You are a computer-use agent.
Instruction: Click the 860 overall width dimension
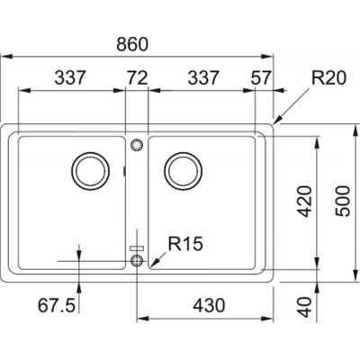click(132, 44)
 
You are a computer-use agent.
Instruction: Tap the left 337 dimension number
click(70, 77)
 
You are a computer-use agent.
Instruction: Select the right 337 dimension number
click(203, 77)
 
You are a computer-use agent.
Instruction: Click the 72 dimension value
click(138, 77)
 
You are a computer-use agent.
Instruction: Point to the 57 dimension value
click(261, 77)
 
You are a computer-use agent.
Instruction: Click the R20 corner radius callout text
click(328, 77)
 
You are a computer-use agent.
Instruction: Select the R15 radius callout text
click(185, 244)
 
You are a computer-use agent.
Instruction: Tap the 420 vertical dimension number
click(305, 202)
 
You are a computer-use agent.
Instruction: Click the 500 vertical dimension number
click(343, 202)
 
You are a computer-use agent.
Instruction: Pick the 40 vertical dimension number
click(305, 307)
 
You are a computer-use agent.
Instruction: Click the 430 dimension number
click(209, 306)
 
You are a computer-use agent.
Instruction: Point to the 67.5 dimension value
click(57, 306)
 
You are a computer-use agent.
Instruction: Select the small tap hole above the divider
click(137, 145)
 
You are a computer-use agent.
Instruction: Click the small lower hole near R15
click(137, 260)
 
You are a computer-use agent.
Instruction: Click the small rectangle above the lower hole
click(137, 248)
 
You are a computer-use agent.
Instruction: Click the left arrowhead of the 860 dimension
click(6, 56)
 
